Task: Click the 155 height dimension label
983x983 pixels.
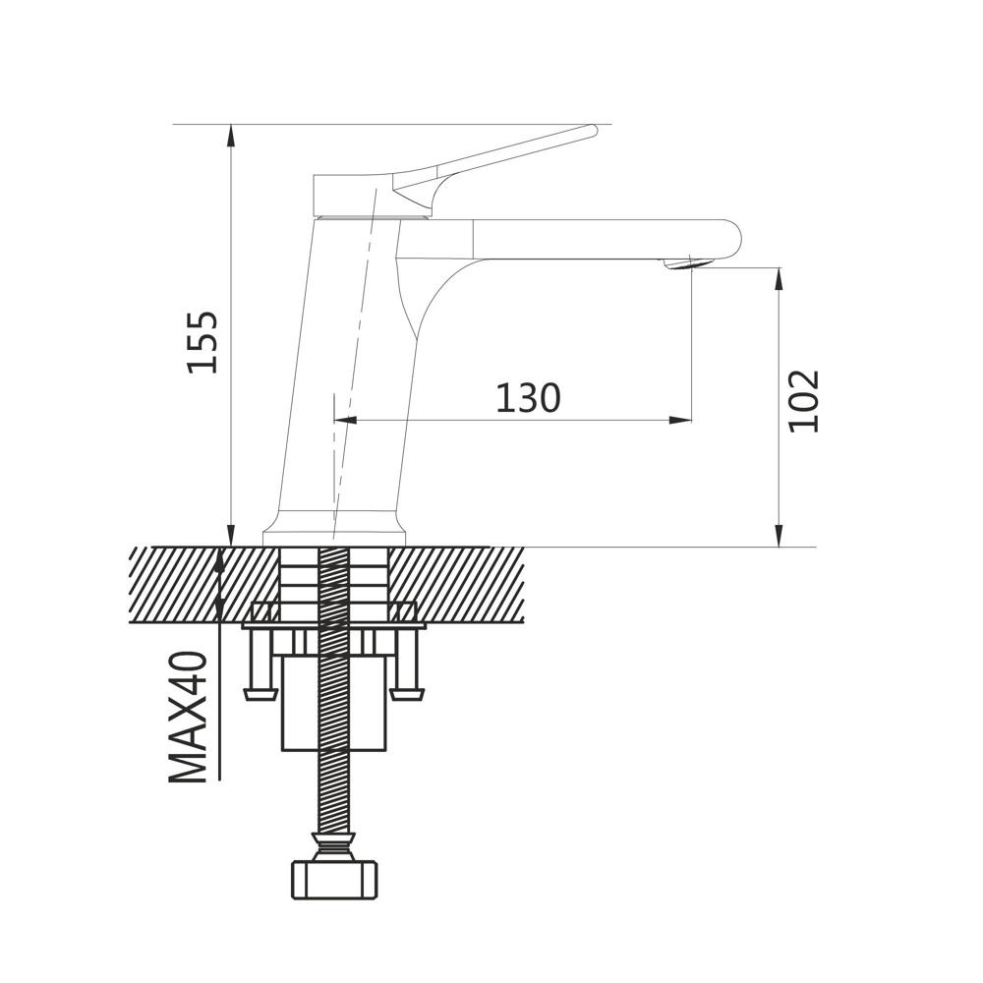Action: (203, 342)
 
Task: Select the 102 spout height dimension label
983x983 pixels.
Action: (804, 401)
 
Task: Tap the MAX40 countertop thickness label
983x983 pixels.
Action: (188, 718)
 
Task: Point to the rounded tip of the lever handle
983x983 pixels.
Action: (593, 131)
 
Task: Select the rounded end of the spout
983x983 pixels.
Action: (732, 239)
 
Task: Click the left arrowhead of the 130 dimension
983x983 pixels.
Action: (345, 420)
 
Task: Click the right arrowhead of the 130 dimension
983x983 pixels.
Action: (681, 420)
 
